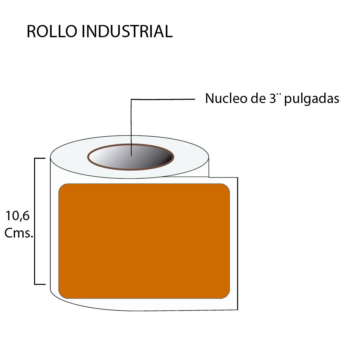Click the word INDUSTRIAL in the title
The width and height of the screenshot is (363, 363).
click(127, 31)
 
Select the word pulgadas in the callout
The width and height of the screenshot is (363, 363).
click(312, 99)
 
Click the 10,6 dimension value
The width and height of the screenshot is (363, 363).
click(17, 216)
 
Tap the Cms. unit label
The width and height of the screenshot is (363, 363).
click(19, 233)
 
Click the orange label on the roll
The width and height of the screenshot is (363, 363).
click(144, 241)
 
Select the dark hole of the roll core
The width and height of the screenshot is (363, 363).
click(152, 158)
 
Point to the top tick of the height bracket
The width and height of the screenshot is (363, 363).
click(40, 158)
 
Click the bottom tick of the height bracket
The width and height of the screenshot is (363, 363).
click(40, 284)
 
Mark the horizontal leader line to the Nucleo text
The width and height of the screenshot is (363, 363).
click(163, 99)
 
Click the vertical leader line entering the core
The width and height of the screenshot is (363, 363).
click(131, 127)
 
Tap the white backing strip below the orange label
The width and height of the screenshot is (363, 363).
click(145, 304)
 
